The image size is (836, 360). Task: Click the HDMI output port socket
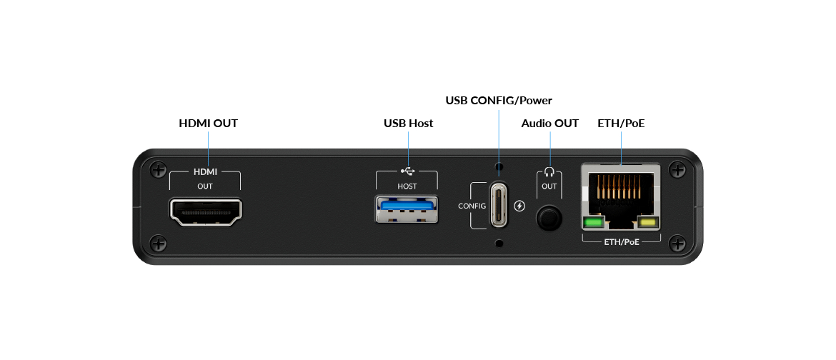[205, 211]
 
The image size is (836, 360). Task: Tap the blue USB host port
[407, 209]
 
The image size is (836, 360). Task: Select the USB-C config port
[499, 205]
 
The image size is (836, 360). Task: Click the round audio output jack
[549, 218]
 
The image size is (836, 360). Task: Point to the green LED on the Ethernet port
[592, 222]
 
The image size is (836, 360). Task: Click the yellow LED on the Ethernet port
[648, 222]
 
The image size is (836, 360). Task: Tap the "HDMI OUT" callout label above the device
[208, 123]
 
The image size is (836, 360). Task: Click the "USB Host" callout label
[409, 123]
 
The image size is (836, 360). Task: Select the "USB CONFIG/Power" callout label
[499, 100]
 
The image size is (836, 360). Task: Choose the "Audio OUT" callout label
[549, 123]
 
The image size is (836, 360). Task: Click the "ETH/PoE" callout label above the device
[621, 123]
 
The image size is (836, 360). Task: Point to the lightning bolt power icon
[520, 206]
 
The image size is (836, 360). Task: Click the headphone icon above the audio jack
[549, 171]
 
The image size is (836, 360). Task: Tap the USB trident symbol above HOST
[407, 171]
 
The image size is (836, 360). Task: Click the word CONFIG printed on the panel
[472, 206]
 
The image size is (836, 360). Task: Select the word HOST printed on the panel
[407, 186]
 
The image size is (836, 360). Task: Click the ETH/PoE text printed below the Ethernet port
[621, 241]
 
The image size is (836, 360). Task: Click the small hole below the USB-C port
[499, 244]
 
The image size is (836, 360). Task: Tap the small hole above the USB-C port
[499, 166]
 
